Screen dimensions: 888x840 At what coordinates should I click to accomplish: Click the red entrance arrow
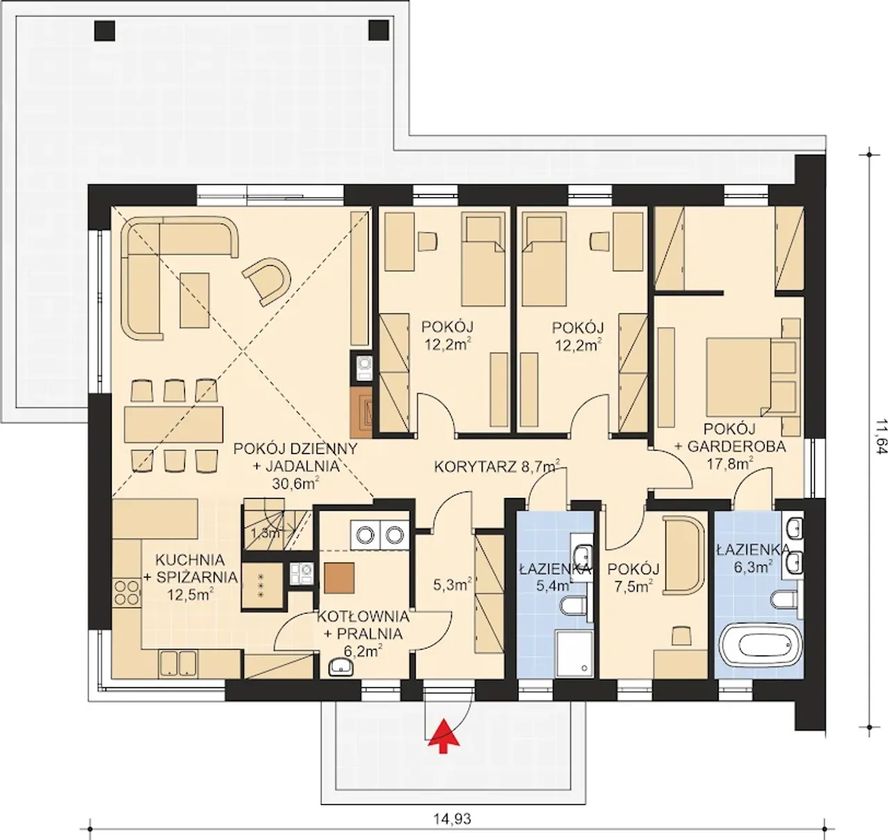(443, 736)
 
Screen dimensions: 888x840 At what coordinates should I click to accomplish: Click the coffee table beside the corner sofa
(195, 300)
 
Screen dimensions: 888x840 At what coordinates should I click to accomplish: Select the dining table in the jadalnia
(174, 425)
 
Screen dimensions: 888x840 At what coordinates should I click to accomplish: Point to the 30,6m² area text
(296, 483)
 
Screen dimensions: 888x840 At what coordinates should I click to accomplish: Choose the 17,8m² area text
(730, 464)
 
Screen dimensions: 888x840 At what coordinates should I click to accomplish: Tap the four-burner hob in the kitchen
(127, 592)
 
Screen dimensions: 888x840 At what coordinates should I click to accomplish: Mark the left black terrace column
(105, 31)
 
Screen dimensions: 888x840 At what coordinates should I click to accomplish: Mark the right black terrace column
(379, 31)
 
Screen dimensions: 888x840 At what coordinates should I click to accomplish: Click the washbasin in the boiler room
(341, 667)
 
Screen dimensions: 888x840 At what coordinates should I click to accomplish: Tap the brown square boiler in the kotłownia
(339, 578)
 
